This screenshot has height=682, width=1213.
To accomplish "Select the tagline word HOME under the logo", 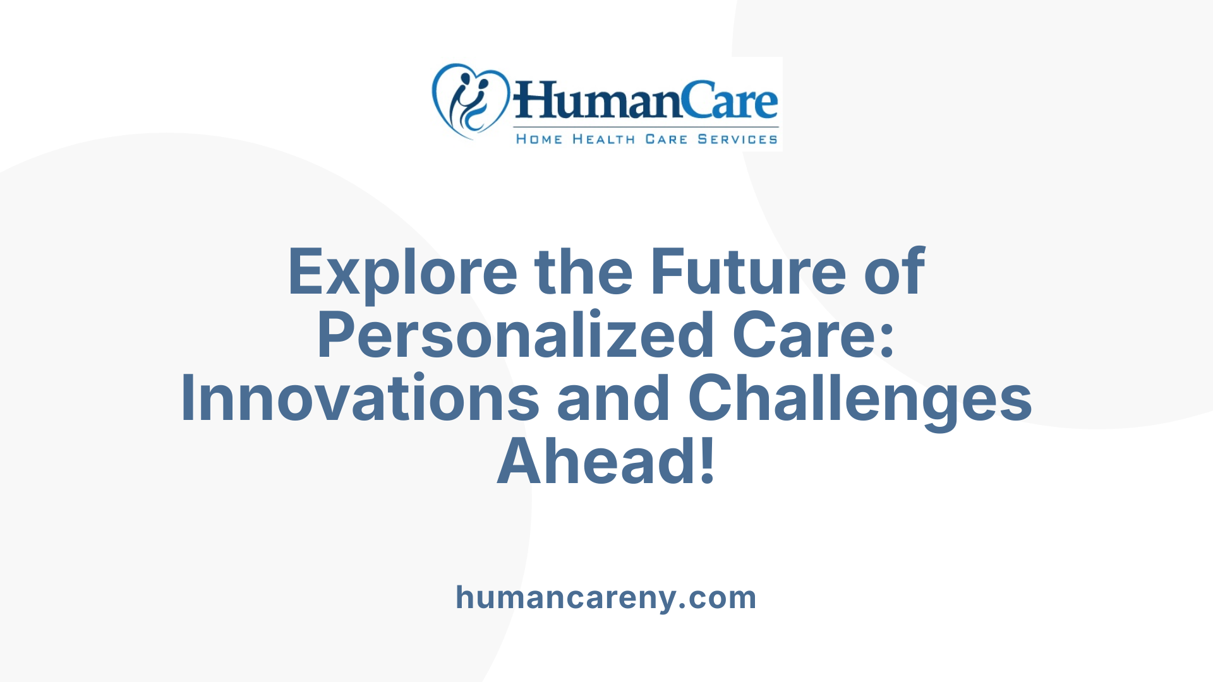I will point(539,140).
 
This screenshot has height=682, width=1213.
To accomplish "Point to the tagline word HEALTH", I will point(603,140).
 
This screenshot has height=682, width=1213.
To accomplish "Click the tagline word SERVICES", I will point(737,140).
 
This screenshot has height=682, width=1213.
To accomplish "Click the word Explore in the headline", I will point(402,272).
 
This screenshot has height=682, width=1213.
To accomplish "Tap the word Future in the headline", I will point(748,272).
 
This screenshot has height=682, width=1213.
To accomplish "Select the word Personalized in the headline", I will point(516,335).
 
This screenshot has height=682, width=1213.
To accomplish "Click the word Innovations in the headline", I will point(360,398).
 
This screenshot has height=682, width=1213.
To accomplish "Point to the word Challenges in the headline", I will point(860,398).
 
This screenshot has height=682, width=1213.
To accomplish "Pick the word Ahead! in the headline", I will point(606,462).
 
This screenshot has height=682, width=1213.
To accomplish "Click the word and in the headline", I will point(613,398).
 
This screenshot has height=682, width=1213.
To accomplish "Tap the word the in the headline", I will point(583,272).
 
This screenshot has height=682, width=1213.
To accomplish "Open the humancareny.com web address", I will point(606,597).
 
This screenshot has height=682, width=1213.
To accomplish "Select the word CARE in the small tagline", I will point(666,140).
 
